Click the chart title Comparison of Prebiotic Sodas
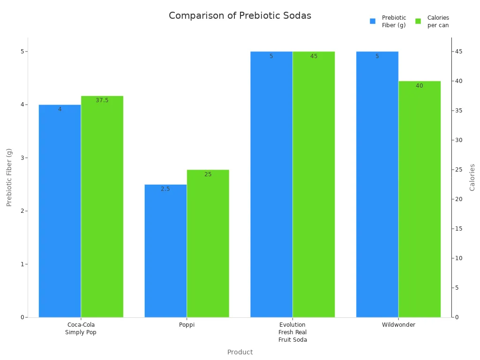240,15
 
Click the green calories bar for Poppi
208,244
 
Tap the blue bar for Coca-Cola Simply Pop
60,211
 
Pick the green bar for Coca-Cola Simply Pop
102,206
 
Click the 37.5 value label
102,100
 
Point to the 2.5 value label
165,189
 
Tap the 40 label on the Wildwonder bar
419,86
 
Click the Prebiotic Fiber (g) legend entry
388,22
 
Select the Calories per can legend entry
432,22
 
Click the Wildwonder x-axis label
398,325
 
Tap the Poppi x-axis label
187,325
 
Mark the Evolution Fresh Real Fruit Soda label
292,332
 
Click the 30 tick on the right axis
459,140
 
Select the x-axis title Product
240,352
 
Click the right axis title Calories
472,177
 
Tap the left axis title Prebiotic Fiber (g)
9,177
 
